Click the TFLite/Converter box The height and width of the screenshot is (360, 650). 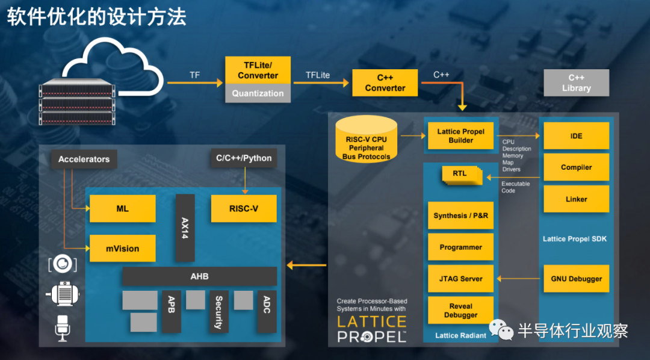258,70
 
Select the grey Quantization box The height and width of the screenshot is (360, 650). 258,93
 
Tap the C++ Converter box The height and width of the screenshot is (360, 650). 385,83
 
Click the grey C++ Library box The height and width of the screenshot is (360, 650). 576,83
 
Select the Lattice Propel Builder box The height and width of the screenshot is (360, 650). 460,136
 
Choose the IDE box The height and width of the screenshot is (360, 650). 576,136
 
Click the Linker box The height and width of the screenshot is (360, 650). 576,199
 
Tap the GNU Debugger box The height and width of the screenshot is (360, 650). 576,279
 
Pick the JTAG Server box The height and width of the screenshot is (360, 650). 460,279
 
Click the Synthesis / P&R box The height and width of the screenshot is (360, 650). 460,216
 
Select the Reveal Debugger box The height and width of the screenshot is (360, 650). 460,311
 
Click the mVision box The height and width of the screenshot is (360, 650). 123,248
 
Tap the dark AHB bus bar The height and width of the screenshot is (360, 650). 199,276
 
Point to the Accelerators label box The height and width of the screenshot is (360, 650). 84,159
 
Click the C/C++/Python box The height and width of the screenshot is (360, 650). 244,158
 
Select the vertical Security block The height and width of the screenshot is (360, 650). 218,312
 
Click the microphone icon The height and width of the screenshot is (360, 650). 62,327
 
